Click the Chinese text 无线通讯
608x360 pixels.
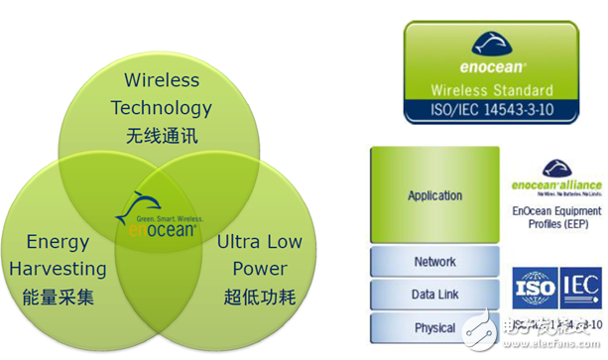tap(161, 135)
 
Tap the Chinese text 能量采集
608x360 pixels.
tap(57, 298)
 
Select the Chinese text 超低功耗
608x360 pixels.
tap(259, 298)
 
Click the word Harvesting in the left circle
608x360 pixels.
tap(59, 269)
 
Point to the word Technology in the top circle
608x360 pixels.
tap(161, 107)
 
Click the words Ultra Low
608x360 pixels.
tap(259, 242)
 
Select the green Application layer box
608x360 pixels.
tap(434, 195)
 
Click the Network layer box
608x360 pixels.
tap(434, 262)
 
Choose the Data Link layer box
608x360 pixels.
tap(434, 295)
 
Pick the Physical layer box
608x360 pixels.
tap(434, 327)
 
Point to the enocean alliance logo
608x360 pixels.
tap(554, 180)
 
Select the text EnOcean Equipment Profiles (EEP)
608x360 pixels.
tap(555, 218)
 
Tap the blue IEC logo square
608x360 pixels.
tap(579, 288)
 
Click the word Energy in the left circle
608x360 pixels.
tap(58, 242)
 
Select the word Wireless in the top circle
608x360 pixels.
tap(161, 80)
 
